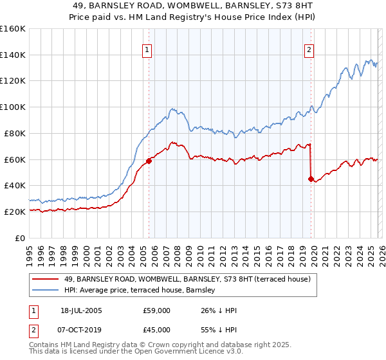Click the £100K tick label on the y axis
[x=13, y=107]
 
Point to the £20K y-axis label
[x=15, y=212]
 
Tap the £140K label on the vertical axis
[x=13, y=55]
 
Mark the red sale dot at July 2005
[x=149, y=161]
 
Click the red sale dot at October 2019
[x=311, y=179]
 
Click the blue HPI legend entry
[x=154, y=291]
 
